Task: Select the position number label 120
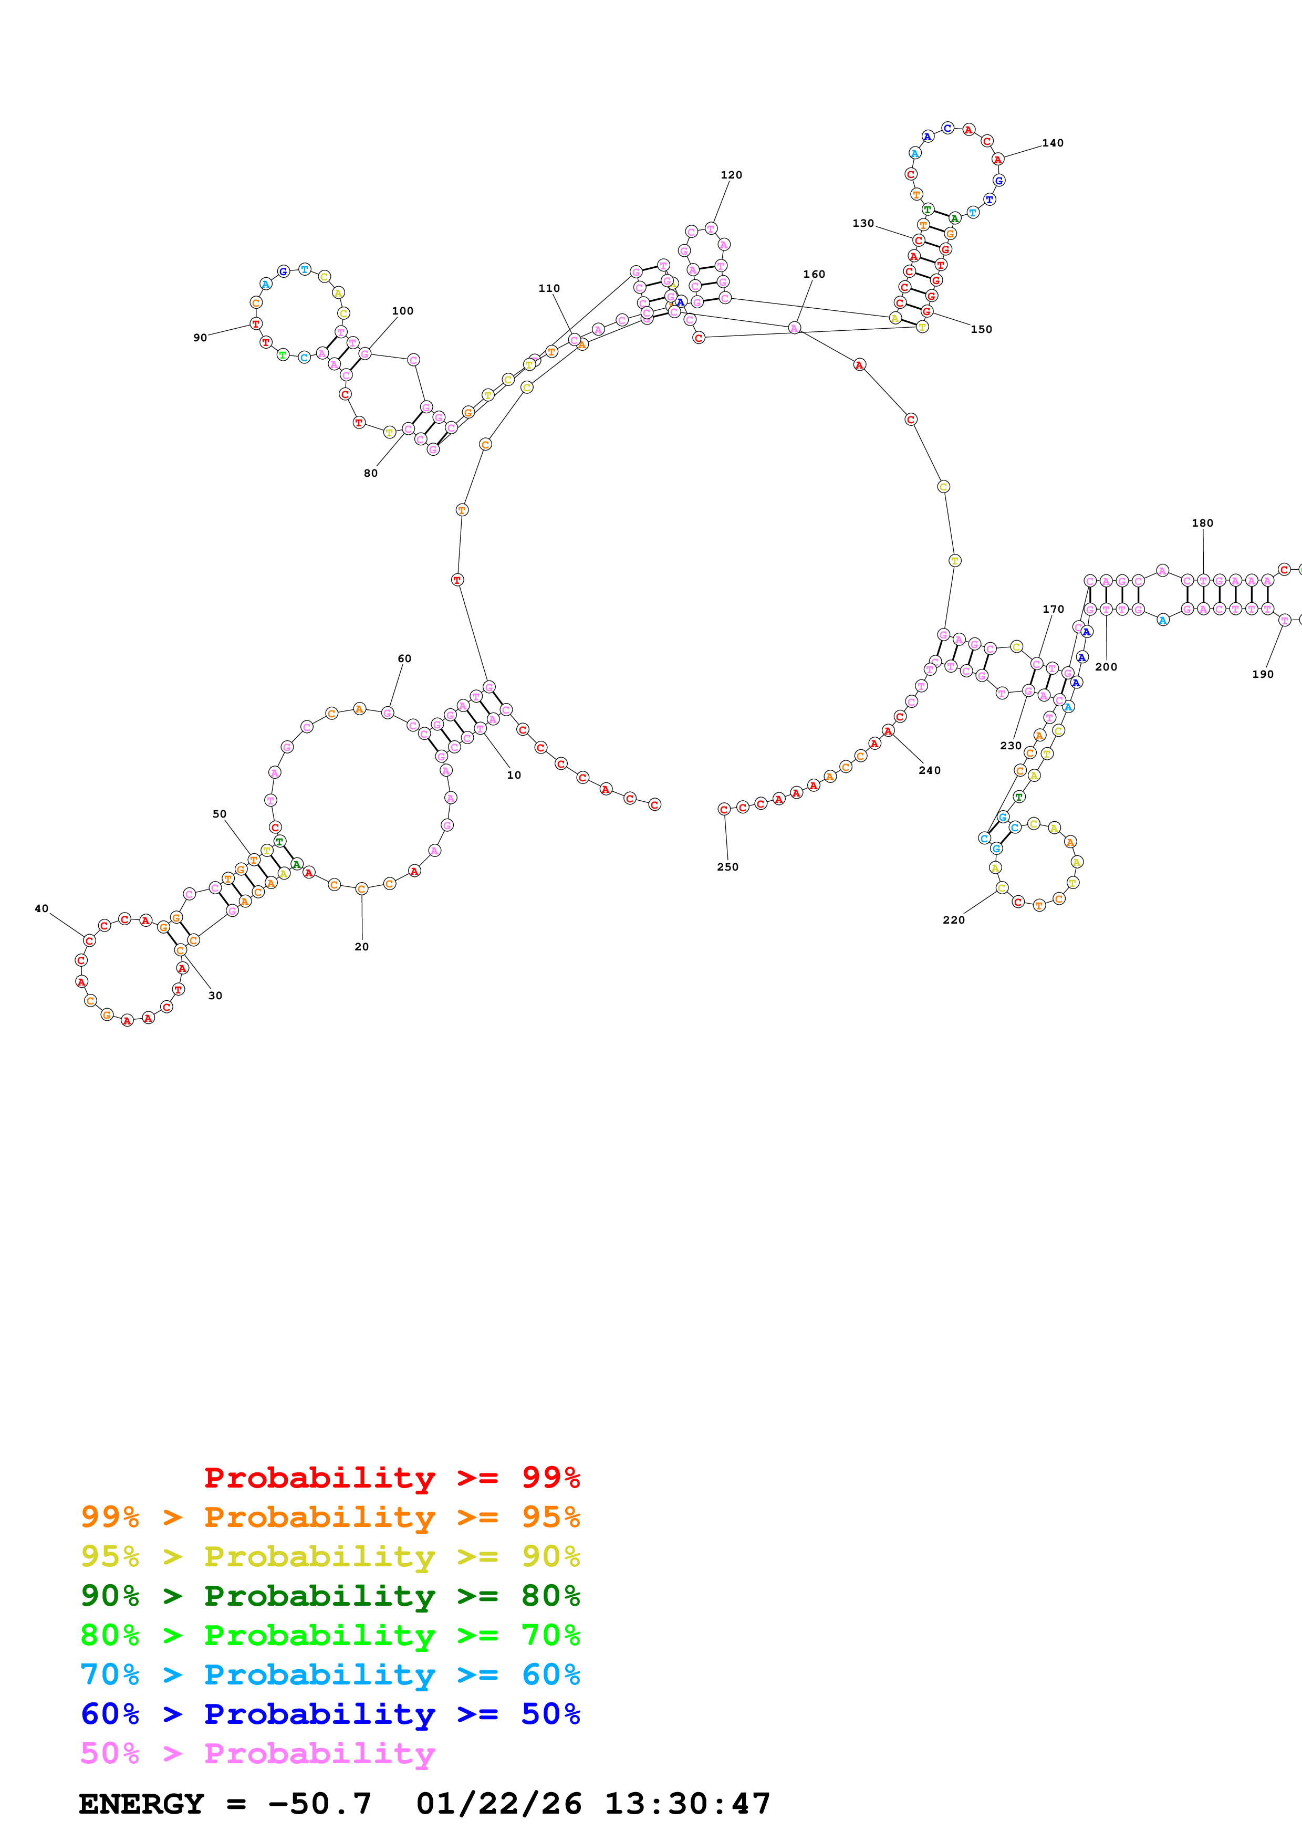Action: point(731,175)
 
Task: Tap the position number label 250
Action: point(727,866)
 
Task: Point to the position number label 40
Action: point(41,908)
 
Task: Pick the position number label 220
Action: point(953,919)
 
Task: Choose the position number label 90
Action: point(200,338)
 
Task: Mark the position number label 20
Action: point(362,947)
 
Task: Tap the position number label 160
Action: point(814,275)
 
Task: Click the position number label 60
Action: point(404,658)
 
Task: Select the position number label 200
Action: point(1106,667)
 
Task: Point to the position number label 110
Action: point(549,288)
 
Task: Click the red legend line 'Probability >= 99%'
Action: point(391,1478)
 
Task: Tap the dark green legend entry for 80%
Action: point(330,1596)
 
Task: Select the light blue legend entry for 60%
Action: point(330,1674)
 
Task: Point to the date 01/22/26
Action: point(498,1804)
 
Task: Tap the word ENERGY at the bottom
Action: point(141,1804)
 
